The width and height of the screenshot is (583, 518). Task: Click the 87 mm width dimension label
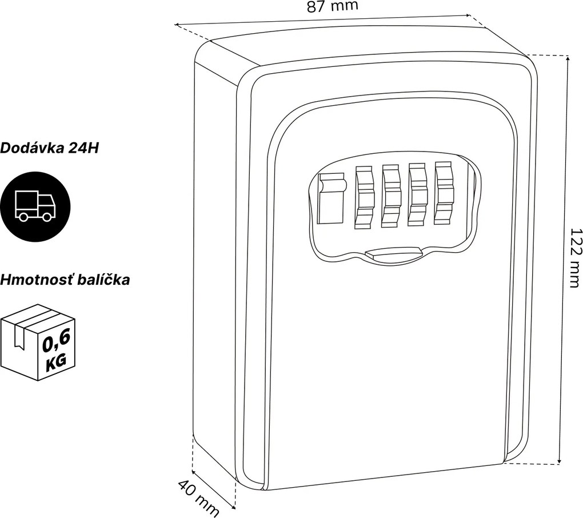[332, 6]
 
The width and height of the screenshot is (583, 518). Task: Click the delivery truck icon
[35, 206]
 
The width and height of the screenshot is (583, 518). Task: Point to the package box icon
[38, 342]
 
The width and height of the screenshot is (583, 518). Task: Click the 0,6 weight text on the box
[56, 341]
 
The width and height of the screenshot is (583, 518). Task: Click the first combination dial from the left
[365, 197]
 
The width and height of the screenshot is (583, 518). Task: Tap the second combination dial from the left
[391, 196]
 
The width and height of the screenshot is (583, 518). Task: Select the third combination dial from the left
[418, 194]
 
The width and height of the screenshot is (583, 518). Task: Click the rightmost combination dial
[444, 193]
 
